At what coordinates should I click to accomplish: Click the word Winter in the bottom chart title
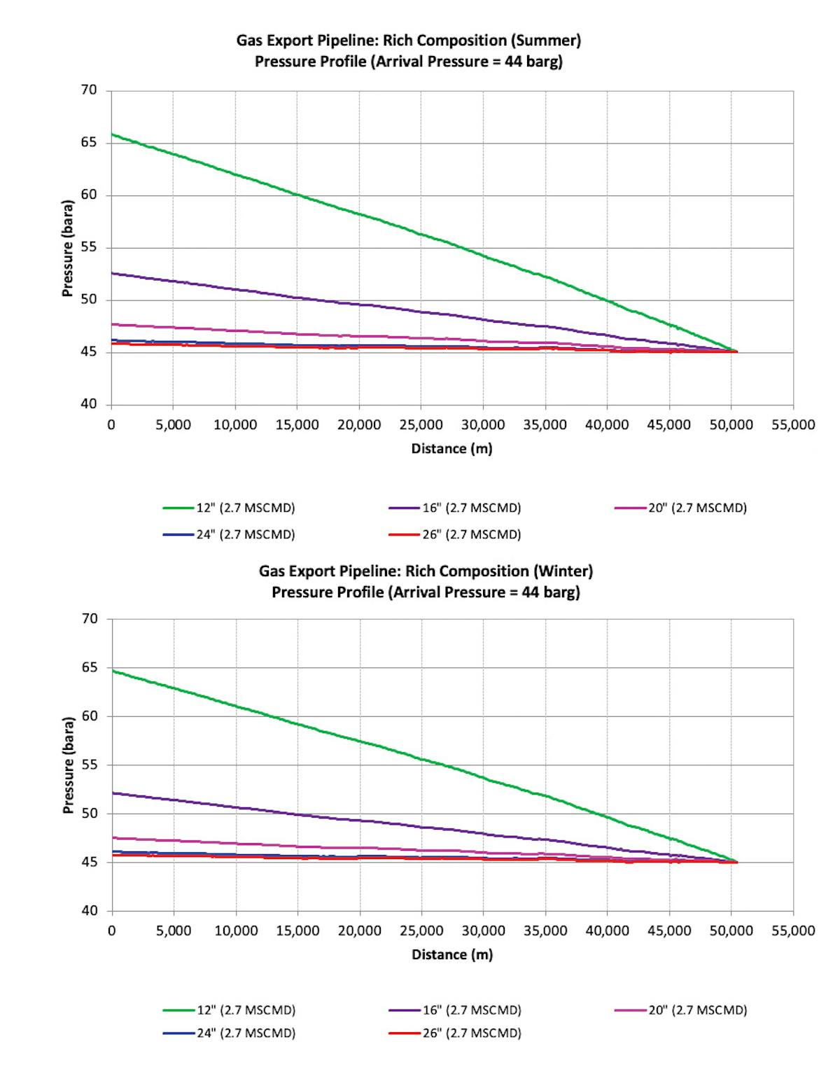click(x=563, y=571)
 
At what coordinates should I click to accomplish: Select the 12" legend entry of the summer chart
click(x=229, y=508)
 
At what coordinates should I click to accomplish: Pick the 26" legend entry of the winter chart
click(x=455, y=1033)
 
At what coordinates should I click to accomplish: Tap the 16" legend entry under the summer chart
click(x=455, y=508)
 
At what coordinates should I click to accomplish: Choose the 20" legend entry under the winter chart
click(x=680, y=1010)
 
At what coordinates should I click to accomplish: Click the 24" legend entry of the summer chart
click(x=229, y=534)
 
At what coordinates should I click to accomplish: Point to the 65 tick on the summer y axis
click(x=89, y=143)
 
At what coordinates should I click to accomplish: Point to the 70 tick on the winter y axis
click(x=89, y=619)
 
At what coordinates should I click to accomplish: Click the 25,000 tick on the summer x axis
click(x=421, y=425)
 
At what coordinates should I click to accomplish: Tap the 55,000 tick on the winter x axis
click(x=793, y=931)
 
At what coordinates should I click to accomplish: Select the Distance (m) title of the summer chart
click(x=451, y=449)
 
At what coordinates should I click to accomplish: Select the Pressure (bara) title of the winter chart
click(x=68, y=765)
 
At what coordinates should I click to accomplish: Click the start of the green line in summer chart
click(x=113, y=134)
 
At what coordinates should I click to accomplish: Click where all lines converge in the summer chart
click(x=734, y=351)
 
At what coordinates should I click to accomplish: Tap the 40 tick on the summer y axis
click(x=89, y=405)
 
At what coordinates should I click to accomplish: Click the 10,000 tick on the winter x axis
click(x=236, y=931)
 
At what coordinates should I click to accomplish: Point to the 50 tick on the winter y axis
click(x=89, y=814)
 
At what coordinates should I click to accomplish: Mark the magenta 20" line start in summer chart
click(x=113, y=324)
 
